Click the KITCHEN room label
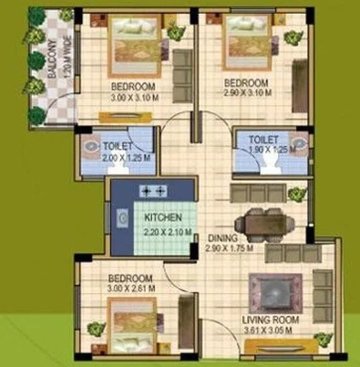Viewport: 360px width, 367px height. (163, 218)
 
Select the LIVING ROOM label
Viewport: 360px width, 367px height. (270, 320)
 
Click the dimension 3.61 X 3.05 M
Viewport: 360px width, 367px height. (270, 331)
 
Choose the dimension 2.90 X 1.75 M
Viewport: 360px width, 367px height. (230, 248)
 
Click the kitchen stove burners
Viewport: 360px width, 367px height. (154, 190)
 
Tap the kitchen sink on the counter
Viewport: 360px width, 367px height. (123, 218)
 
